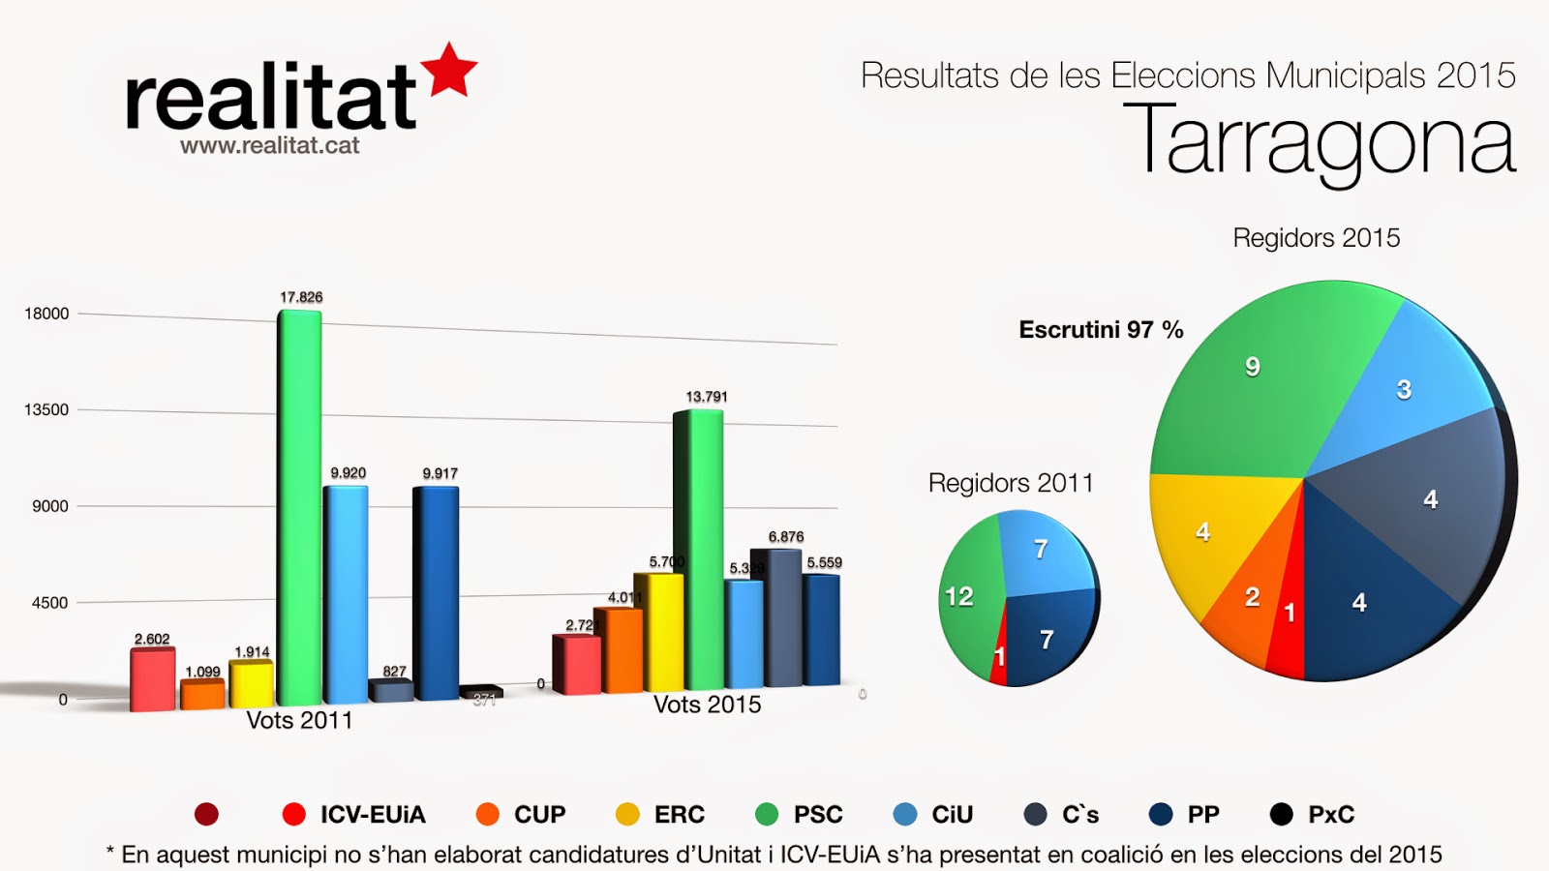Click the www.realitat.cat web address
(269, 146)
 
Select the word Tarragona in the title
(1320, 142)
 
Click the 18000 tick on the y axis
(46, 314)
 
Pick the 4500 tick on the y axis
(50, 603)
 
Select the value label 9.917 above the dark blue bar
(440, 473)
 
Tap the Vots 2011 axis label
(299, 720)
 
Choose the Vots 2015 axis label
(707, 705)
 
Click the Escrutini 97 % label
(1101, 330)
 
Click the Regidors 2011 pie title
(1010, 483)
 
